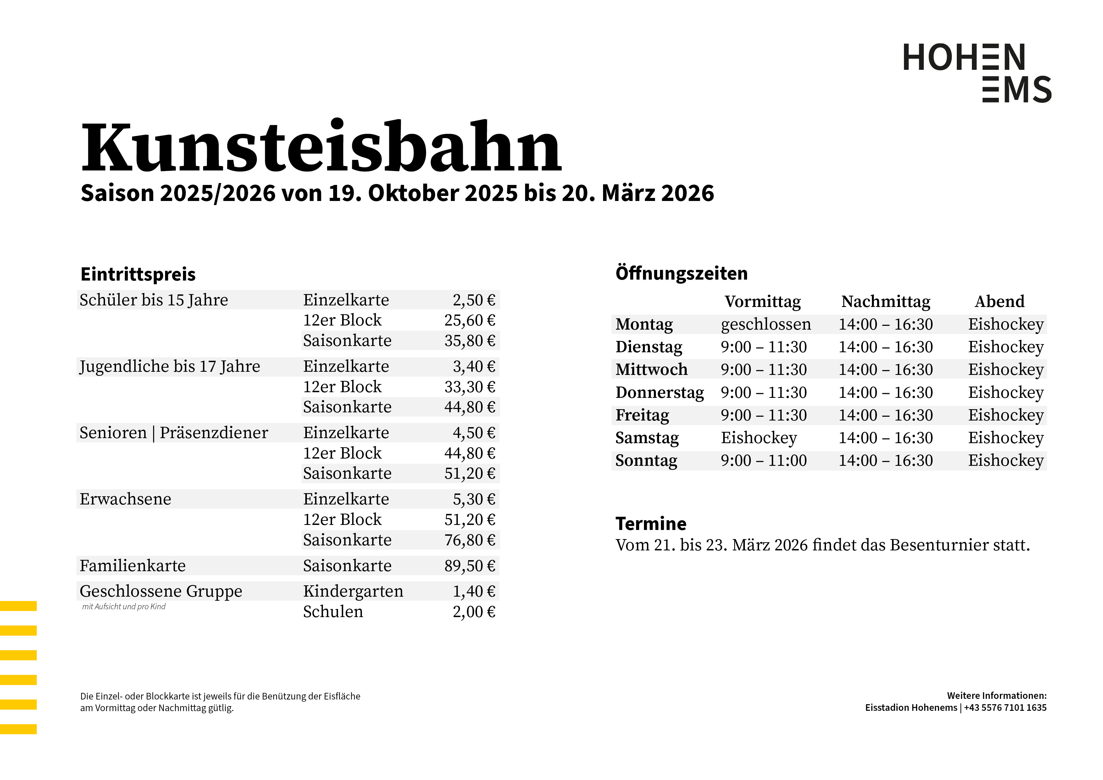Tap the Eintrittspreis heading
pyautogui.click(x=138, y=275)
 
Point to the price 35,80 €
pyautogui.click(x=469, y=341)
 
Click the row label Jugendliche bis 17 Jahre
pyautogui.click(x=169, y=367)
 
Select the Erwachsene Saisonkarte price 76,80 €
pyautogui.click(x=469, y=540)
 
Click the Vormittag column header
pyautogui.click(x=762, y=302)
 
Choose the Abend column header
pyautogui.click(x=999, y=302)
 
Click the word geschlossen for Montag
pyautogui.click(x=766, y=324)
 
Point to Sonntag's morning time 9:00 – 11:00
pyautogui.click(x=763, y=460)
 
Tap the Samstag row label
pyautogui.click(x=647, y=438)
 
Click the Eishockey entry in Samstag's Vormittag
pyautogui.click(x=759, y=438)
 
